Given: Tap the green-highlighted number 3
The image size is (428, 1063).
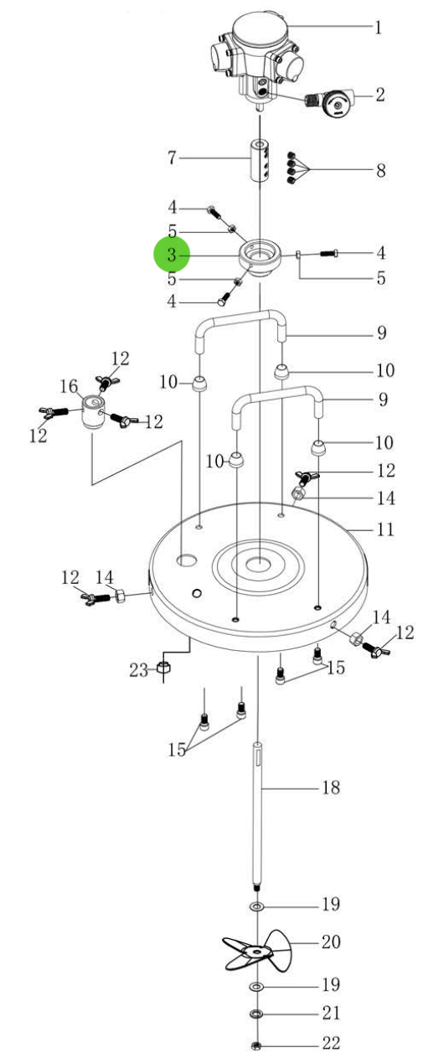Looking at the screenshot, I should pyautogui.click(x=172, y=255).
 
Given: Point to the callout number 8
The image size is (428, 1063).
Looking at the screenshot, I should pyautogui.click(x=380, y=171).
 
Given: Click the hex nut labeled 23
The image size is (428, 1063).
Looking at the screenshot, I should pyautogui.click(x=165, y=669).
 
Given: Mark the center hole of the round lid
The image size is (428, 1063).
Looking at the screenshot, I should pyautogui.click(x=260, y=563).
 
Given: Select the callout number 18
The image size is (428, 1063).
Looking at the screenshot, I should pyautogui.click(x=331, y=788).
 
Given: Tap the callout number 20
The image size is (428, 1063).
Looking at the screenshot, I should pyautogui.click(x=331, y=942).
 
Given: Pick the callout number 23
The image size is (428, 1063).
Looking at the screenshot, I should pyautogui.click(x=138, y=669).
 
